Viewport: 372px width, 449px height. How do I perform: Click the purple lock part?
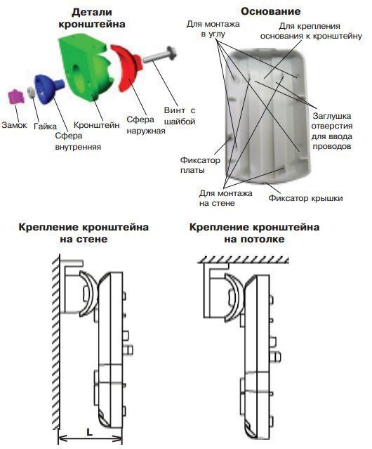16,96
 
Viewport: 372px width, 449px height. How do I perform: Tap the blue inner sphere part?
48,89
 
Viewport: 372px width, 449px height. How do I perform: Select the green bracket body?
85,68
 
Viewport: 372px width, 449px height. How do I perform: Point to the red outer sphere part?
126,67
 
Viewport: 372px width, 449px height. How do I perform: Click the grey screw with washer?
160,56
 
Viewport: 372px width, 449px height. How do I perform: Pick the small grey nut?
31,93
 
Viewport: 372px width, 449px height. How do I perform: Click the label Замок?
14,125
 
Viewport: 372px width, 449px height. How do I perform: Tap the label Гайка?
45,126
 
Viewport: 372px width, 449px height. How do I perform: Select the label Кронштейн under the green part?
97,125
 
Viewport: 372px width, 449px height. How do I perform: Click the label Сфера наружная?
146,125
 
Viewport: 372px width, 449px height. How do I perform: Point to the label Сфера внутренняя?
78,141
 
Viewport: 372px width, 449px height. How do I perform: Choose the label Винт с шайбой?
180,116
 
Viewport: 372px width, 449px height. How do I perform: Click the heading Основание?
270,11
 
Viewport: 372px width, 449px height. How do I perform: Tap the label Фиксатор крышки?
305,198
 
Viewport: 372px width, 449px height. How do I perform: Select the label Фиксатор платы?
200,165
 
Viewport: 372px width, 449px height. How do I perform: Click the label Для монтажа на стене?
225,198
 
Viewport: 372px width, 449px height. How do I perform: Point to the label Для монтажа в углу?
213,29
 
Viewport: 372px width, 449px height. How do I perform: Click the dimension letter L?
90,432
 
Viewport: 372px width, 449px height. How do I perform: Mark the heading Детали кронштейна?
92,18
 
